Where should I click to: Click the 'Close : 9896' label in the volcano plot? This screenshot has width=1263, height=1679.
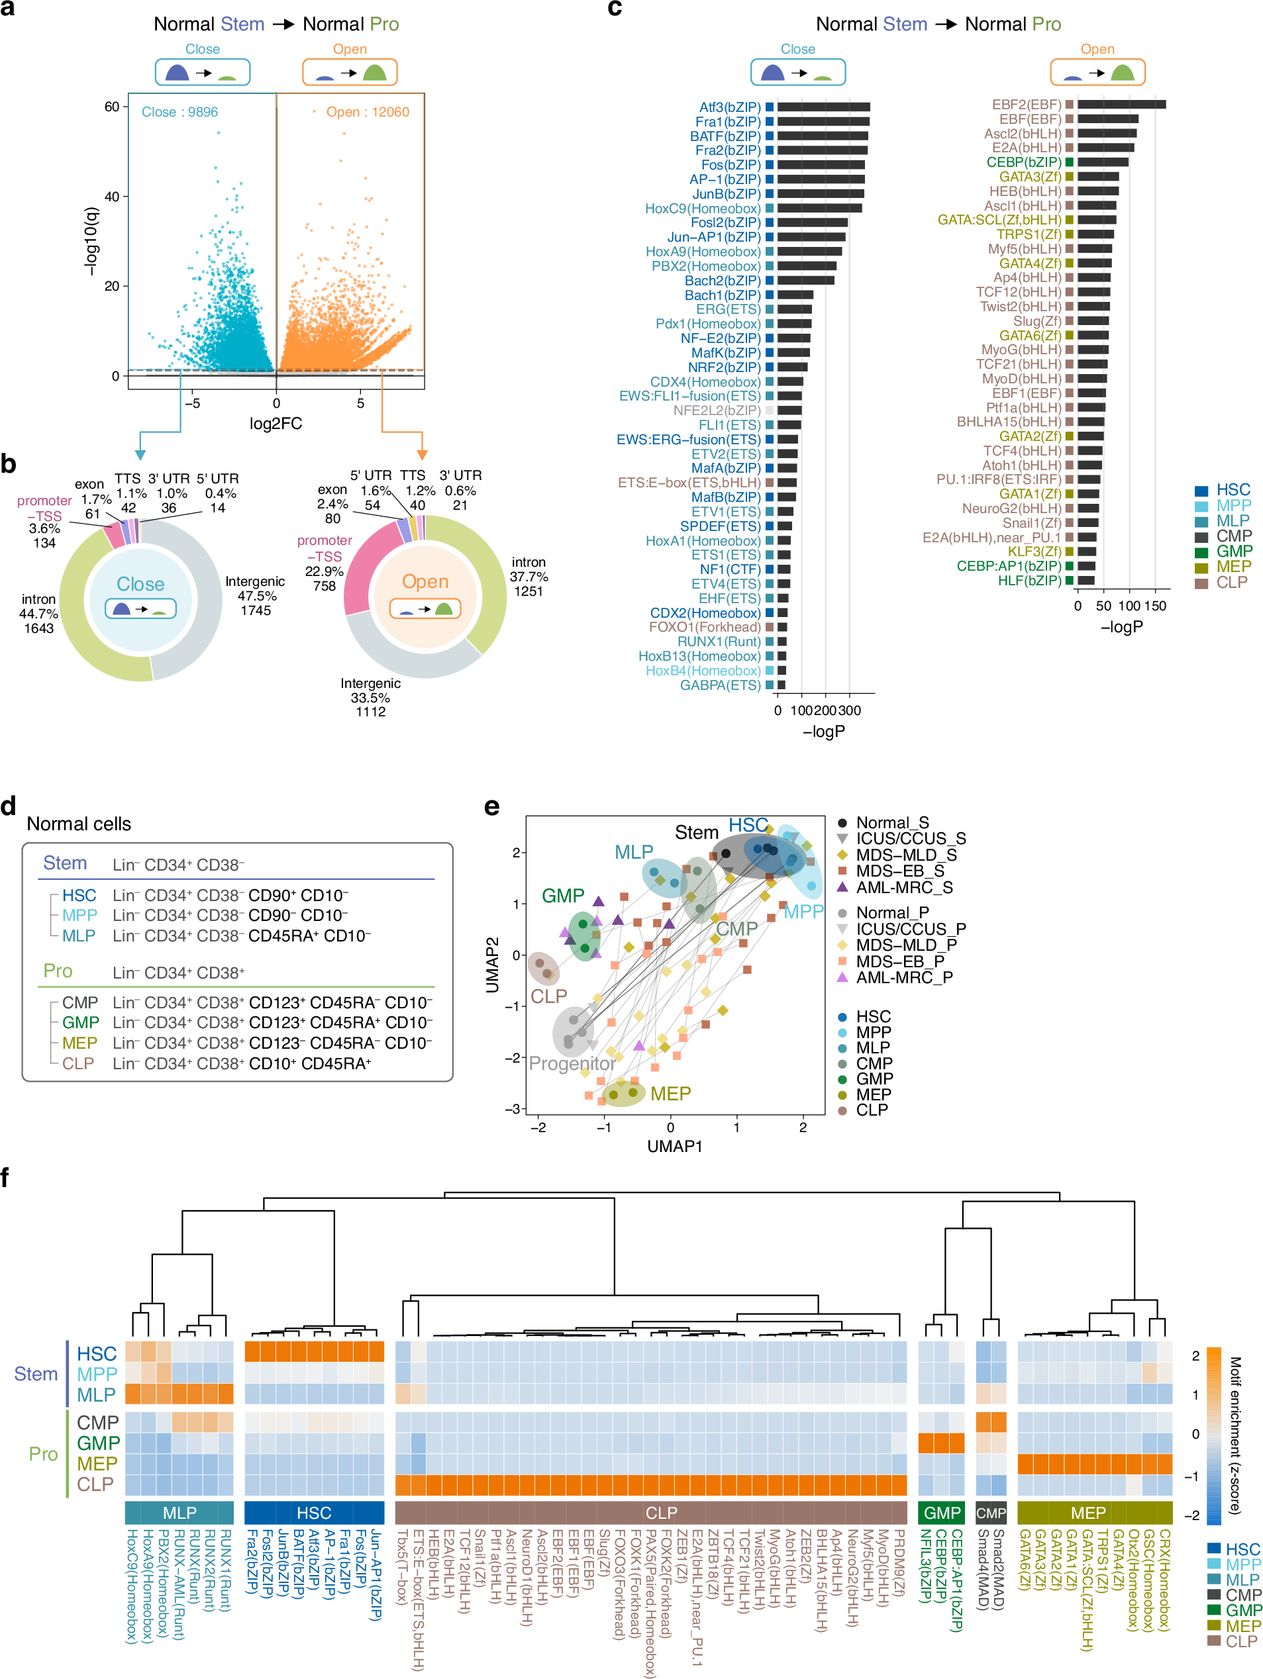(179, 113)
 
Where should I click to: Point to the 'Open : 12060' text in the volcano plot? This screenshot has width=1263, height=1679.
(367, 113)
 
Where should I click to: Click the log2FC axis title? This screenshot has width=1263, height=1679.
(276, 424)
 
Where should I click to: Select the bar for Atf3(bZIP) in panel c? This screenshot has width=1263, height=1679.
(823, 108)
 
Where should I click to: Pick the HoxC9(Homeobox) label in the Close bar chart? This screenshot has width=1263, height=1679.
(702, 209)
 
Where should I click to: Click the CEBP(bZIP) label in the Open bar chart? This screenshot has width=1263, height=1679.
(1023, 162)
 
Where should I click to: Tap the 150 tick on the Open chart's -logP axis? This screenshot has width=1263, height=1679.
(1154, 606)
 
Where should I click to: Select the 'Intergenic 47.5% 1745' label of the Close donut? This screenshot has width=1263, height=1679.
(255, 596)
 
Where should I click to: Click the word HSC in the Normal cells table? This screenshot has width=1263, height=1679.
(79, 896)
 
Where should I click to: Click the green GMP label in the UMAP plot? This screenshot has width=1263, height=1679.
(563, 896)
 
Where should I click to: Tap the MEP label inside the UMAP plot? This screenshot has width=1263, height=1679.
(670, 1094)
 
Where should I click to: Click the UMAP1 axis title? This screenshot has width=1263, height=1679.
(674, 1146)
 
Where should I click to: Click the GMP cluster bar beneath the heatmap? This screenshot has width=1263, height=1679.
(941, 1513)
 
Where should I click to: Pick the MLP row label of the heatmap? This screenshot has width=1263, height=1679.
(97, 1395)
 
